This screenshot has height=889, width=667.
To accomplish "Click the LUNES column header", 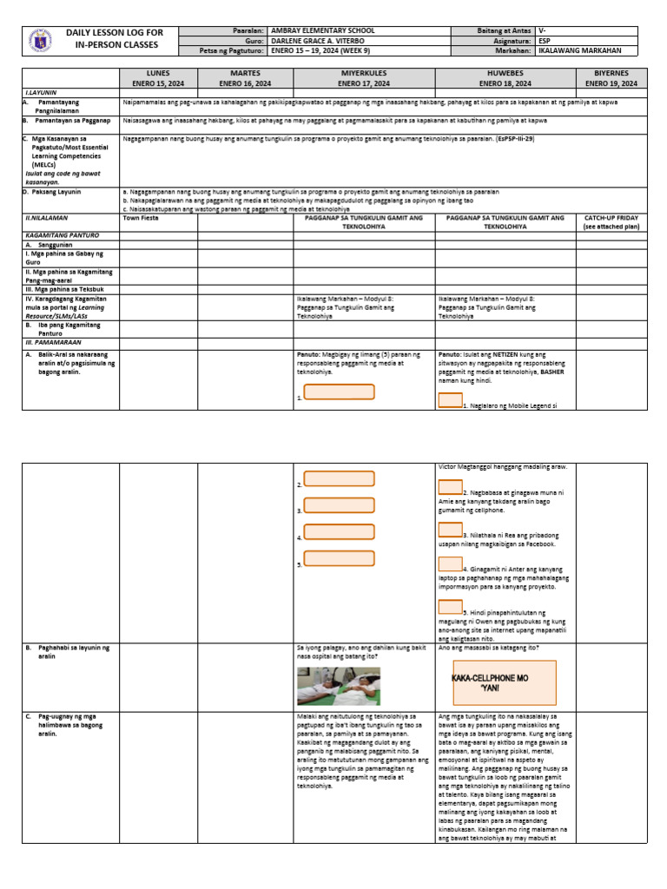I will click(158, 79).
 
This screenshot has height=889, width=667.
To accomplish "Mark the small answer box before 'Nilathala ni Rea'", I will click(450, 529).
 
